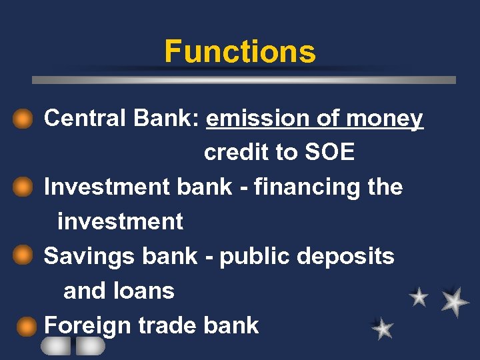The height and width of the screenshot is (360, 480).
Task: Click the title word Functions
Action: click(240, 51)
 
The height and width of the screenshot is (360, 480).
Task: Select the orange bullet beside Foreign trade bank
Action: click(26, 326)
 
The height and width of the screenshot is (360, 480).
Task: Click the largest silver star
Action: click(454, 301)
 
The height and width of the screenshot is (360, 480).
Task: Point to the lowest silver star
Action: click(383, 328)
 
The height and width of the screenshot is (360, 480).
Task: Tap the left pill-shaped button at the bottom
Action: click(55, 346)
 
